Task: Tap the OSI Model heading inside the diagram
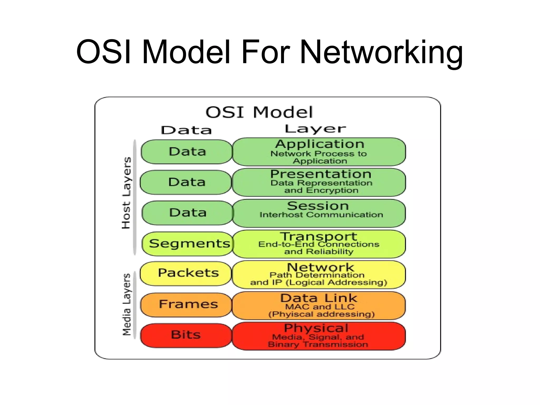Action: click(x=259, y=112)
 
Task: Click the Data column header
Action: click(x=186, y=130)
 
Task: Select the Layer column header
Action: click(x=315, y=129)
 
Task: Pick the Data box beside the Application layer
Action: click(x=187, y=152)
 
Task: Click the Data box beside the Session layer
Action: click(x=187, y=213)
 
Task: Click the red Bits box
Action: click(x=186, y=335)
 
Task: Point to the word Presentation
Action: click(x=321, y=174)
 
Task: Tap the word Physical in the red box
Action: click(x=316, y=329)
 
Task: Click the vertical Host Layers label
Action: click(x=126, y=193)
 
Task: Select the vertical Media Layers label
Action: click(x=127, y=305)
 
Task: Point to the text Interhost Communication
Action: click(x=321, y=215)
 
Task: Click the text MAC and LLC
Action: click(x=320, y=307)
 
